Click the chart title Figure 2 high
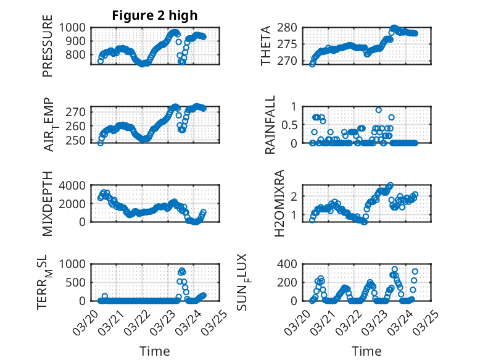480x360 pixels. point(154,15)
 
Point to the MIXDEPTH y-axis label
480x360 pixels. point(48,204)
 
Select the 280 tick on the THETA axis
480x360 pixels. point(289,27)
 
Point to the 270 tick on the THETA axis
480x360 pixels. point(289,61)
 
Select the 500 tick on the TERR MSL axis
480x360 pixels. point(78,282)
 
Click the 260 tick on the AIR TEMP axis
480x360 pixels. point(78,126)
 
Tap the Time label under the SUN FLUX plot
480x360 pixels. point(366,351)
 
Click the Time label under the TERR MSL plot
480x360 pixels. point(154,351)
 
